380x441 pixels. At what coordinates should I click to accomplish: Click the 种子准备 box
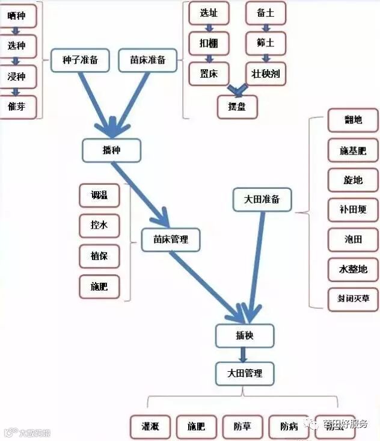[80, 60]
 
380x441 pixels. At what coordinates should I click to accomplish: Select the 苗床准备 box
[148, 60]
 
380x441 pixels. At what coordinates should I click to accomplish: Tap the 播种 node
[112, 150]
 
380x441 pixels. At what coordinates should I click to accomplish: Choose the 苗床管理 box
[171, 239]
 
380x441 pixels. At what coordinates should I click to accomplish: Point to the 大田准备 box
[262, 199]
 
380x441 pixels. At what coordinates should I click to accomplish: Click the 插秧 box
[245, 336]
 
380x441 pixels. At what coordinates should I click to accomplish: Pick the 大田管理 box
[245, 373]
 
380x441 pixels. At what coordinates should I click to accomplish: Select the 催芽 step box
[17, 106]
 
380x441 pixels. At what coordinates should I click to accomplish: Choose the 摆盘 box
[237, 106]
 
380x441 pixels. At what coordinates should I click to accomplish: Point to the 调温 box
[99, 196]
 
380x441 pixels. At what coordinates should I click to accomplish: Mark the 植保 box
[99, 256]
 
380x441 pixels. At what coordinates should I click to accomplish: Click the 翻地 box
[353, 120]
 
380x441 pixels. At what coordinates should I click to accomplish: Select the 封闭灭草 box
[353, 298]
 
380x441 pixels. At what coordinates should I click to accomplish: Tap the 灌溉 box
[150, 427]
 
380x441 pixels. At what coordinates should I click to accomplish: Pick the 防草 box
[242, 427]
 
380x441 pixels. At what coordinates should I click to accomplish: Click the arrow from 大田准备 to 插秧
[256, 265]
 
